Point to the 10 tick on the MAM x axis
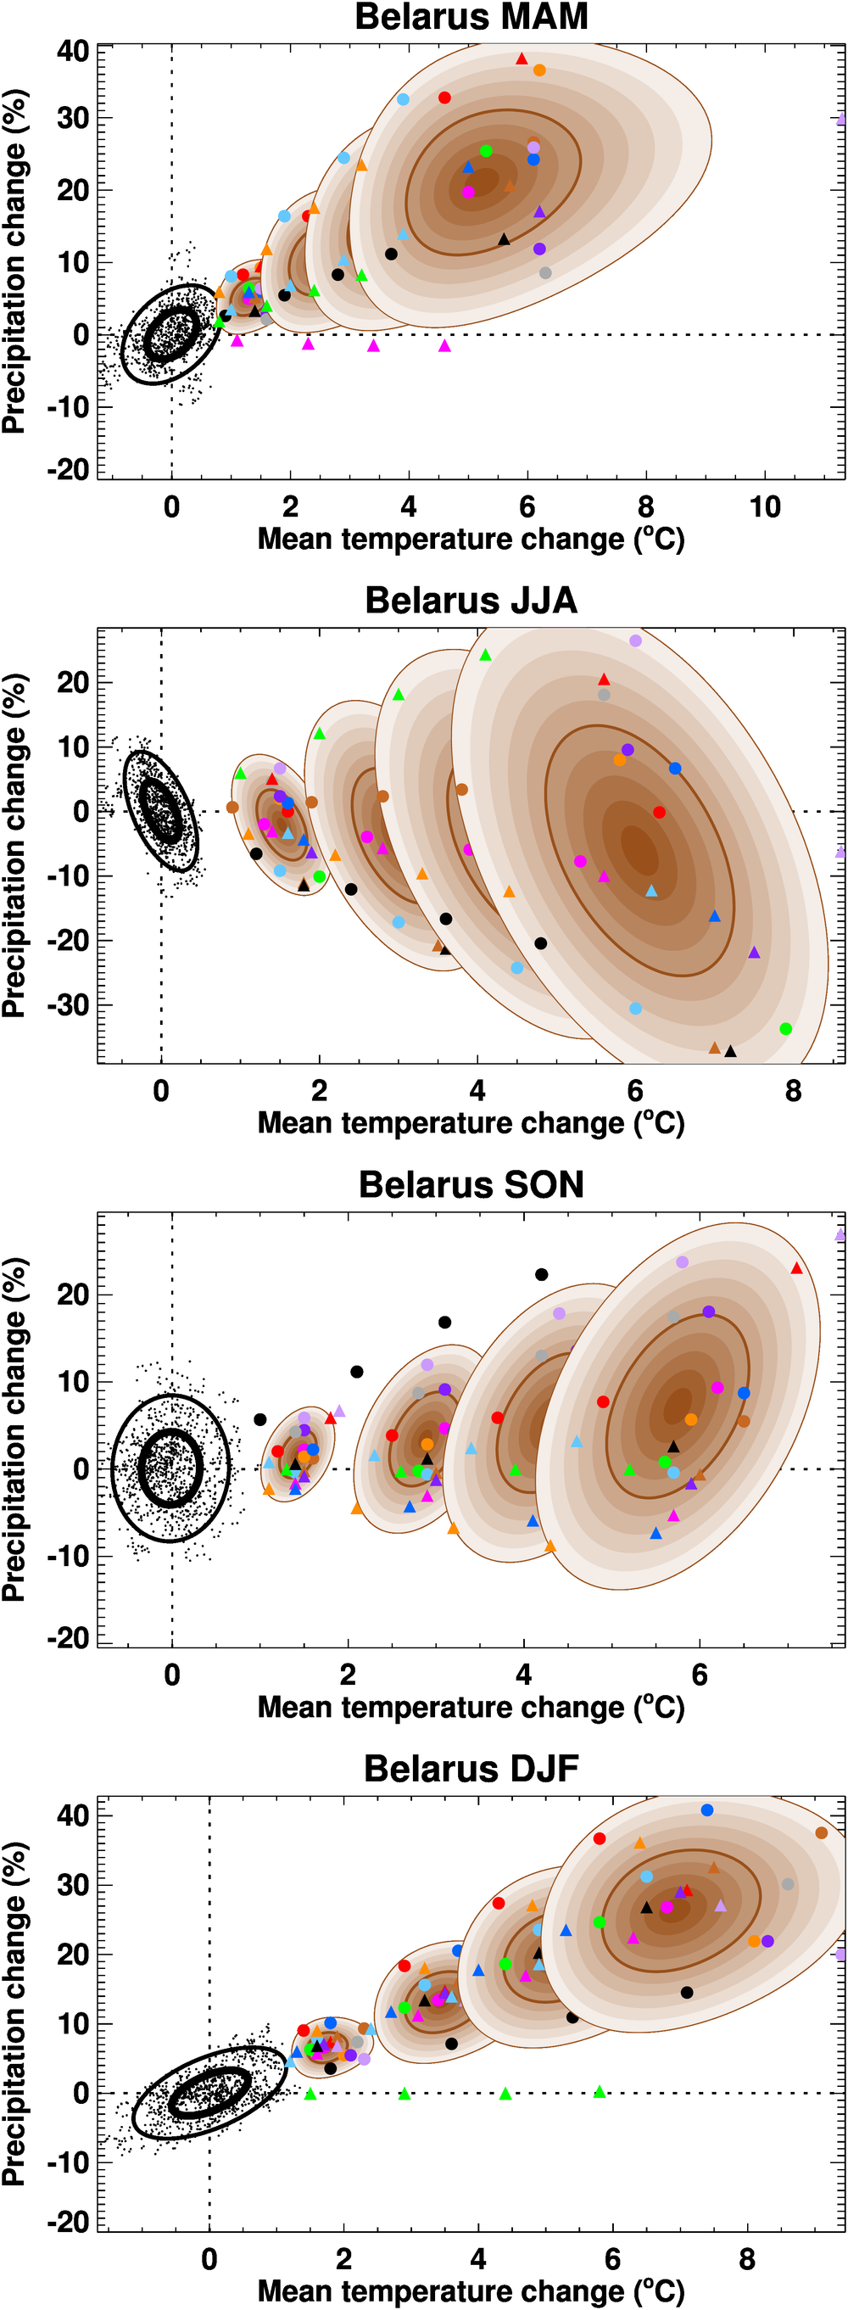765,507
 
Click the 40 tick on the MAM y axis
73,51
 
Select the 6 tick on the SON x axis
700,1675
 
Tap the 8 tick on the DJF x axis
747,2259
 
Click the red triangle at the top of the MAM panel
522,59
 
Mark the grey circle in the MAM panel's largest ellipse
545,272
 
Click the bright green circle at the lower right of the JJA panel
785,1028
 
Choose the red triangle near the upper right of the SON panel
796,1268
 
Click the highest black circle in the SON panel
541,1274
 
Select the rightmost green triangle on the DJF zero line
600,2092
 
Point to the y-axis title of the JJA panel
14,845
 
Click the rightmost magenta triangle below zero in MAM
444,345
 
